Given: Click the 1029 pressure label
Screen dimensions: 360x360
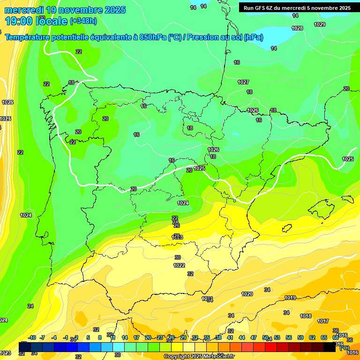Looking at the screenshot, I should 320,24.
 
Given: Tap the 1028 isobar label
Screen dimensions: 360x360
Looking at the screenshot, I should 297,29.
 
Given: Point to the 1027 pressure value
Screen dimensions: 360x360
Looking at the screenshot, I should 243,82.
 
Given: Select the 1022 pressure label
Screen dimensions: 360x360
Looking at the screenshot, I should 179,265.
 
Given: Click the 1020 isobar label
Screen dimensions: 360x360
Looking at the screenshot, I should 247,294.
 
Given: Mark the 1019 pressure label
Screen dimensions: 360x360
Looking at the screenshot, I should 290,298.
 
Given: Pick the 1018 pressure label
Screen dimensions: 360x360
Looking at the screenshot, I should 306,316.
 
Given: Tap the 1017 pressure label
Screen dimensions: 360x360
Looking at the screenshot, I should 322,321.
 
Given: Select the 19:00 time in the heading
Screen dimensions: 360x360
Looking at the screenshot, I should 19,21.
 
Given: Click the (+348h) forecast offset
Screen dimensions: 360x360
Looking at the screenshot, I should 83,21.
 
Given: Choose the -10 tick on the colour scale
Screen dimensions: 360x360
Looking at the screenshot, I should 32,337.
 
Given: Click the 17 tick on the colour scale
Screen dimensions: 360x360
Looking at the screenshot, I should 136,337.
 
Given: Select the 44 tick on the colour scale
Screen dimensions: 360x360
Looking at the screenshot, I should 241,337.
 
